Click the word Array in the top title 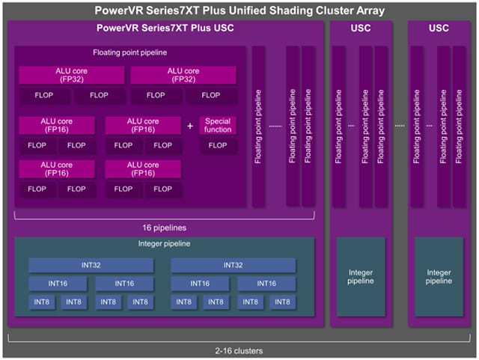tap(370, 10)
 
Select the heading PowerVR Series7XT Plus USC tap(165, 28)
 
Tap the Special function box tap(218, 125)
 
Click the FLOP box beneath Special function tap(218, 145)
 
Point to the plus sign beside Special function tap(190, 126)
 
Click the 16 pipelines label tap(165, 228)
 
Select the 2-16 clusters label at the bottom tap(239, 351)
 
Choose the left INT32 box tap(91, 265)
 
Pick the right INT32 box tap(233, 265)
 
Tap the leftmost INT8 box tap(42, 302)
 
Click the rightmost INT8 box tap(282, 302)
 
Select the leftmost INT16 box tap(58, 284)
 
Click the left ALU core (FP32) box tap(72, 75)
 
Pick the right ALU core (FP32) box tap(183, 75)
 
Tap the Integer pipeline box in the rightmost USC tap(439, 277)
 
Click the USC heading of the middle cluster tap(361, 28)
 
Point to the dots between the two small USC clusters tap(400, 126)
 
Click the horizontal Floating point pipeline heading tap(129, 52)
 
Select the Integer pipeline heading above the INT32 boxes tap(164, 243)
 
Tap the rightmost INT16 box tap(266, 284)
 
